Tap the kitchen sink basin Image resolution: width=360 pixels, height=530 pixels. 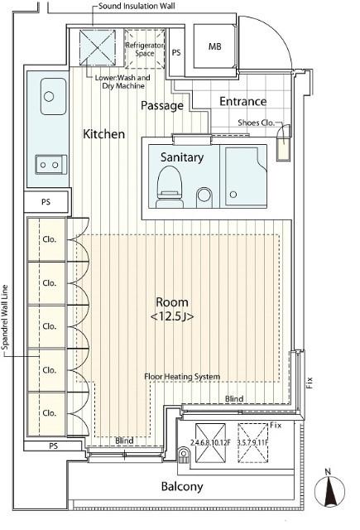(53, 97)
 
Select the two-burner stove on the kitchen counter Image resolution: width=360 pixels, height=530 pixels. (51, 165)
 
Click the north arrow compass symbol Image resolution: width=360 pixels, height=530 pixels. (329, 489)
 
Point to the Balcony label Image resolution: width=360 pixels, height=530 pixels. (182, 487)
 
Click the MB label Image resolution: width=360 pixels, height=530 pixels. (215, 46)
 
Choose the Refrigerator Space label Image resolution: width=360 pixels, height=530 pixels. (145, 49)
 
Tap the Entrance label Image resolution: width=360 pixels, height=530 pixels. (242, 101)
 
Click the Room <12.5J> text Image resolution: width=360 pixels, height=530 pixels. (172, 309)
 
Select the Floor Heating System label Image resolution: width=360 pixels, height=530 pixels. (182, 377)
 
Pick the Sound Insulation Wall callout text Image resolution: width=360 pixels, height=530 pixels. (137, 6)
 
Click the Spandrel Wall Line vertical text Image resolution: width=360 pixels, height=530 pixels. (5, 318)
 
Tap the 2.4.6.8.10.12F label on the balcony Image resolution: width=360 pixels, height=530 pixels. (210, 442)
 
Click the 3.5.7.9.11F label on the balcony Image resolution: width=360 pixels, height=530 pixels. (252, 442)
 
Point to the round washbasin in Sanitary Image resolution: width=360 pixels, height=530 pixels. (204, 195)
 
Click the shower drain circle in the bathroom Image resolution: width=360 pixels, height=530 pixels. (233, 195)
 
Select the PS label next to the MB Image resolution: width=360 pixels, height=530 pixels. (176, 53)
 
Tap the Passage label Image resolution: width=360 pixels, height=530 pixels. (162, 106)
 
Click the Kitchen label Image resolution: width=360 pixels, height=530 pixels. (104, 134)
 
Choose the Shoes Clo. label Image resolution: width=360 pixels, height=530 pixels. (256, 123)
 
